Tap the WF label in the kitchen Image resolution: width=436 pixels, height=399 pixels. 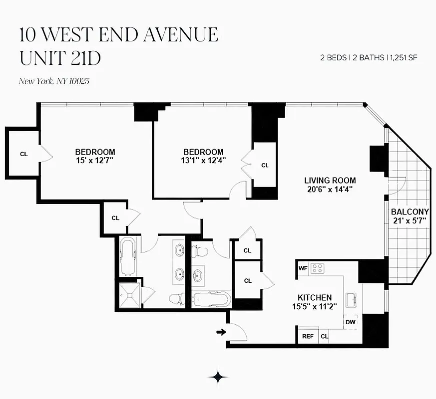[x=303, y=268]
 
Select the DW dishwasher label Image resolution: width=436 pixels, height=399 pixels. [x=351, y=323]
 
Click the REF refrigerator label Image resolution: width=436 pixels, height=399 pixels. [x=308, y=337]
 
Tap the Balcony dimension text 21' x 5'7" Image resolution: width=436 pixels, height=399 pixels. [x=410, y=220]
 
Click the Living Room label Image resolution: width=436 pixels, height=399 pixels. [x=331, y=181]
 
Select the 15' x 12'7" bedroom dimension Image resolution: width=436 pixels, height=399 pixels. [x=95, y=160]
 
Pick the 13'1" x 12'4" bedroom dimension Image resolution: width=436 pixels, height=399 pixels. [x=203, y=160]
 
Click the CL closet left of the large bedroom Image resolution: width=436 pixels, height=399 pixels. [x=23, y=154]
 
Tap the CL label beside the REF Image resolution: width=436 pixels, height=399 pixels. [x=325, y=337]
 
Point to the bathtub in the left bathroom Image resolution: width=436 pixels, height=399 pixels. [x=128, y=256]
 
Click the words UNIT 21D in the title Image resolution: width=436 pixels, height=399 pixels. [x=60, y=58]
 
